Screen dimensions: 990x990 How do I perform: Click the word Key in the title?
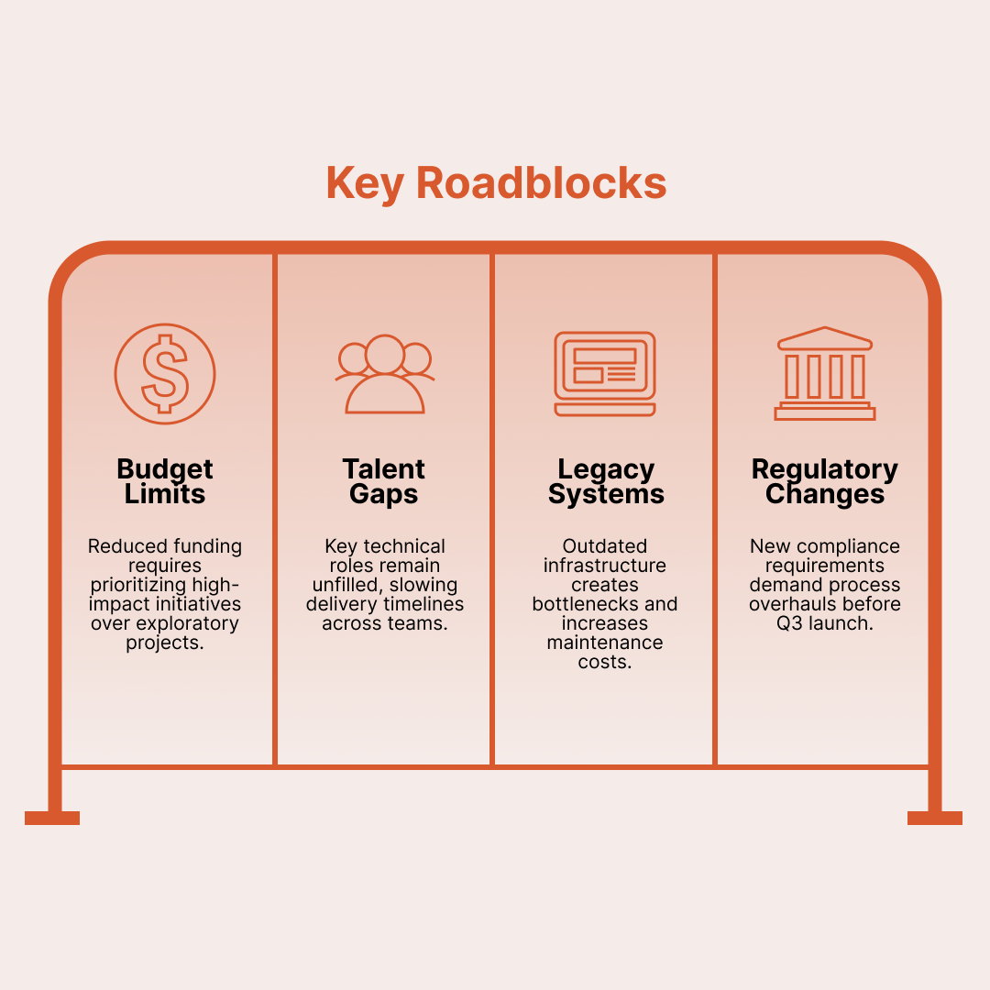pos(364,183)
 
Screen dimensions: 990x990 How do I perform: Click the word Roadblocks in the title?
pos(541,183)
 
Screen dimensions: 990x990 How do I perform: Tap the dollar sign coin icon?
pos(165,374)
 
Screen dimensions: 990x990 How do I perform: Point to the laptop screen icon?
pos(605,374)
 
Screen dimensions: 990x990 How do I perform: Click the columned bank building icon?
pos(825,374)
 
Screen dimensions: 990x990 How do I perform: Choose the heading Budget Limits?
pos(165,481)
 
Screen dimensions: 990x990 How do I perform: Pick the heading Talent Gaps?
pos(385,481)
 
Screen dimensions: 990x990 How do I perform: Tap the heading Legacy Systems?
pos(605,481)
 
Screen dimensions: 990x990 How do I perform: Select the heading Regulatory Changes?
pos(825,481)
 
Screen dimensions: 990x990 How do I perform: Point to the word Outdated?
pos(605,546)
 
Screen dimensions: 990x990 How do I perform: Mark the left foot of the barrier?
pos(52,818)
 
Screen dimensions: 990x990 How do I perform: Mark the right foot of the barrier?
pos(935,818)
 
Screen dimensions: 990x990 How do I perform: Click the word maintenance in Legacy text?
pos(605,643)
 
